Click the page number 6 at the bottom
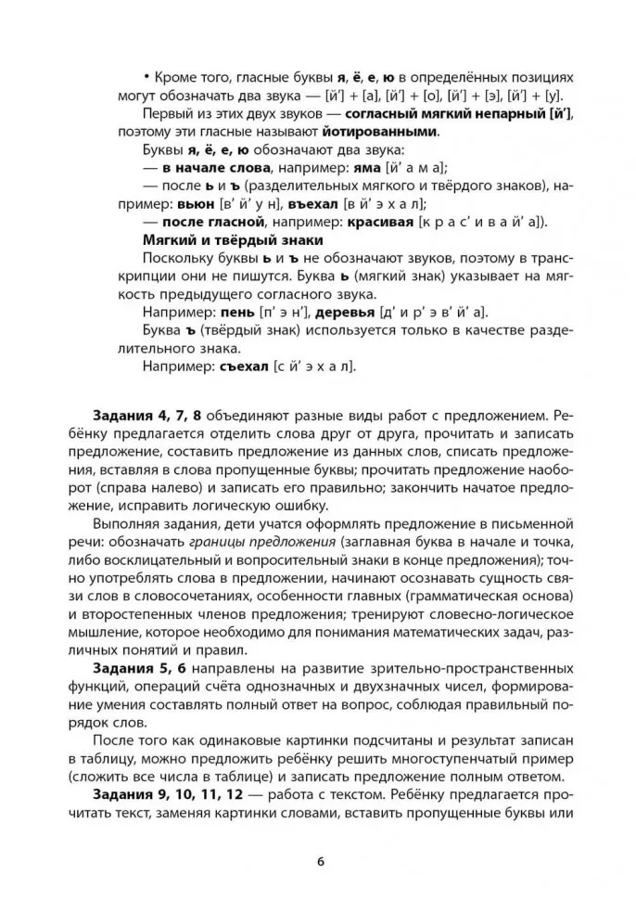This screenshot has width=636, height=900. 319,859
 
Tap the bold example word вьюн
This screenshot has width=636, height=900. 197,202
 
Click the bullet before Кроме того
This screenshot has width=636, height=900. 146,77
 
